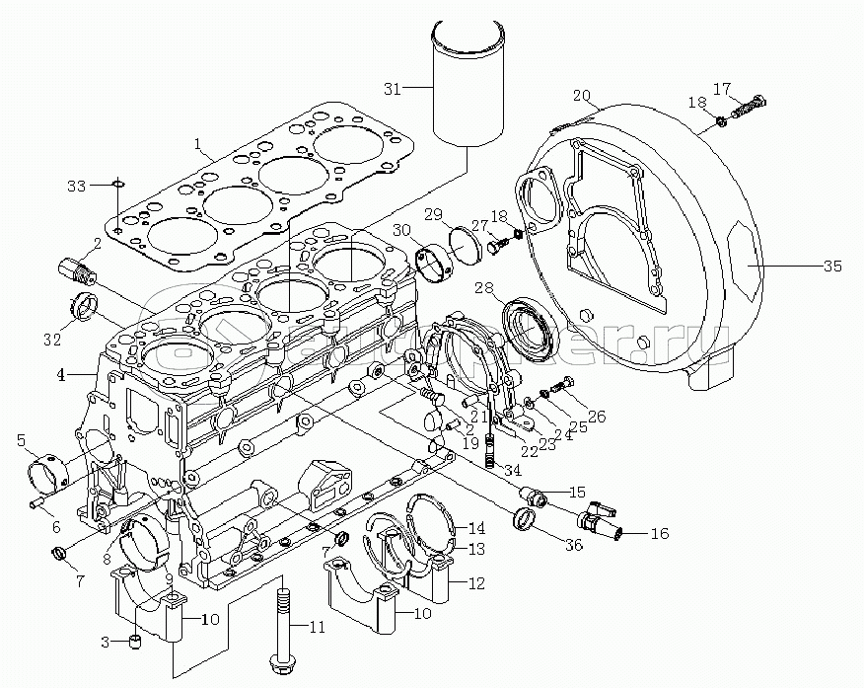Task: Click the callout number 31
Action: click(x=393, y=89)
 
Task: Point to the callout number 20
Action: click(x=581, y=96)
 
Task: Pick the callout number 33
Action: click(x=77, y=185)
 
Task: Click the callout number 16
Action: click(x=659, y=534)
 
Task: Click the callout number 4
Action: click(x=61, y=375)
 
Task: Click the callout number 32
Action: click(x=51, y=341)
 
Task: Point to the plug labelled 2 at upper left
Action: click(x=75, y=268)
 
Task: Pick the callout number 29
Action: click(x=432, y=215)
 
